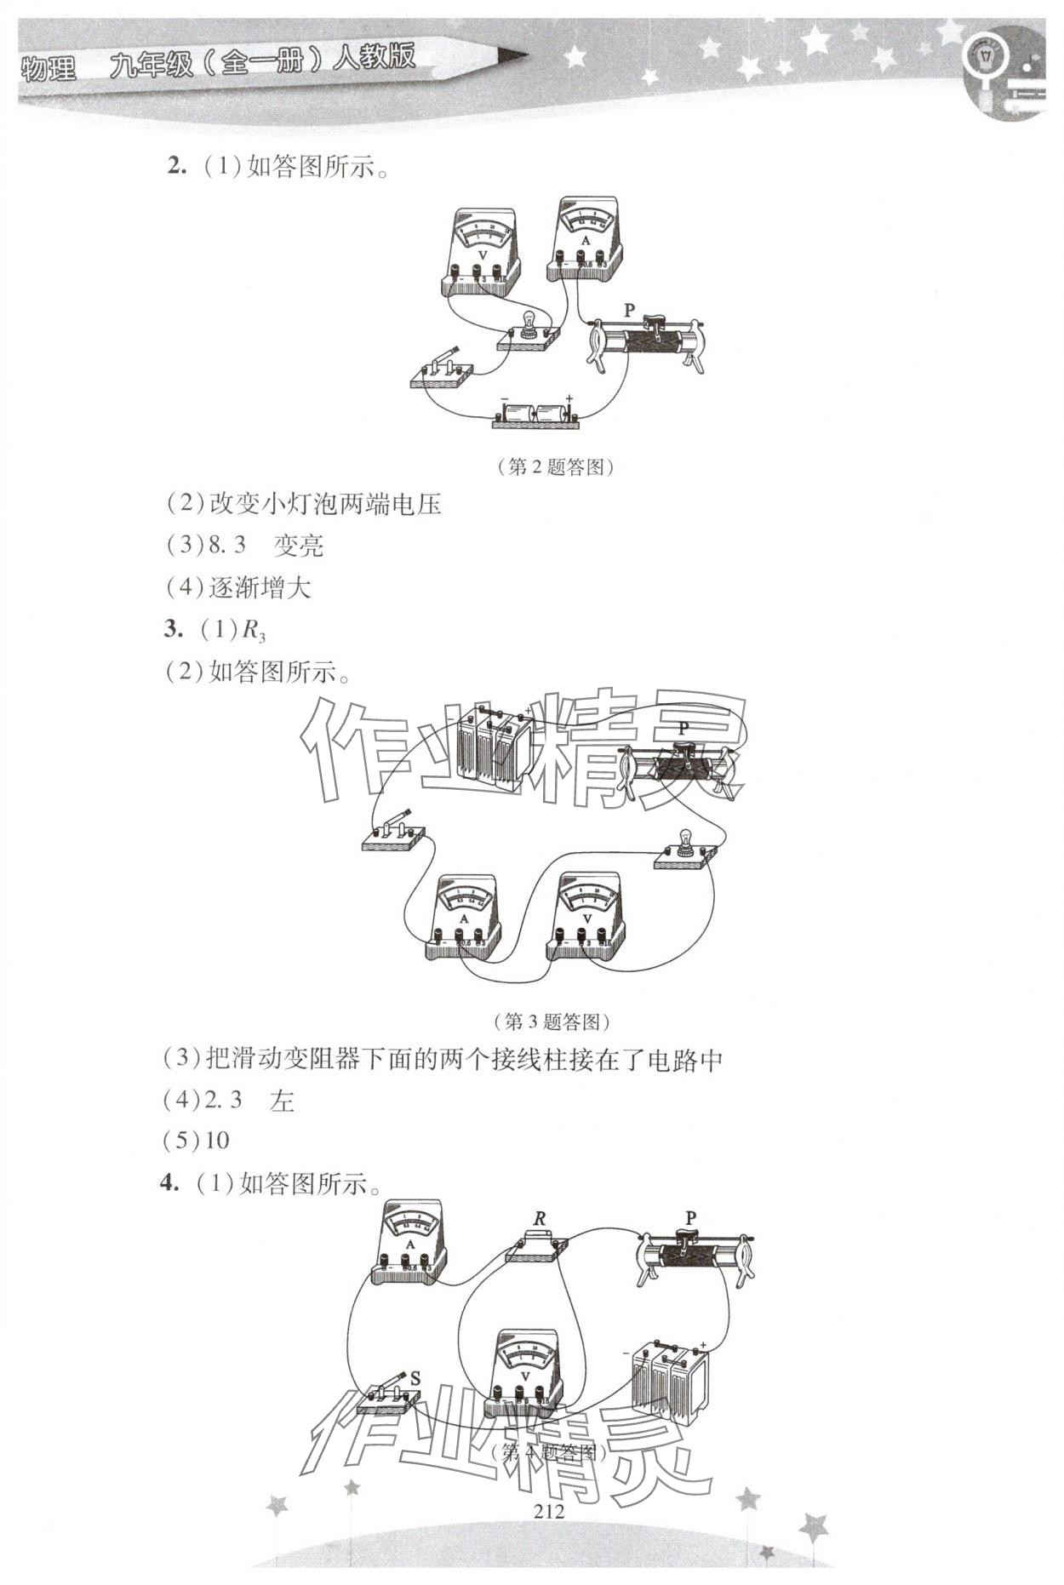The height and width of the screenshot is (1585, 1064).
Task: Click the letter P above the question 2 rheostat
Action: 630,311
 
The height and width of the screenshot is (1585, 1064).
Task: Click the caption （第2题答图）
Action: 554,467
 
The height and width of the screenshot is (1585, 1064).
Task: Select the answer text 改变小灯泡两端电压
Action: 325,504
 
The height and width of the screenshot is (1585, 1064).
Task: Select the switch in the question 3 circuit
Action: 393,832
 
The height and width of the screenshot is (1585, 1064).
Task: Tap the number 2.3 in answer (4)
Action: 224,1101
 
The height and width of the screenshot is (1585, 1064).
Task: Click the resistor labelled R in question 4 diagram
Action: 537,1245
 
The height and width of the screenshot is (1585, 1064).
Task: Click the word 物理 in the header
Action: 49,68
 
